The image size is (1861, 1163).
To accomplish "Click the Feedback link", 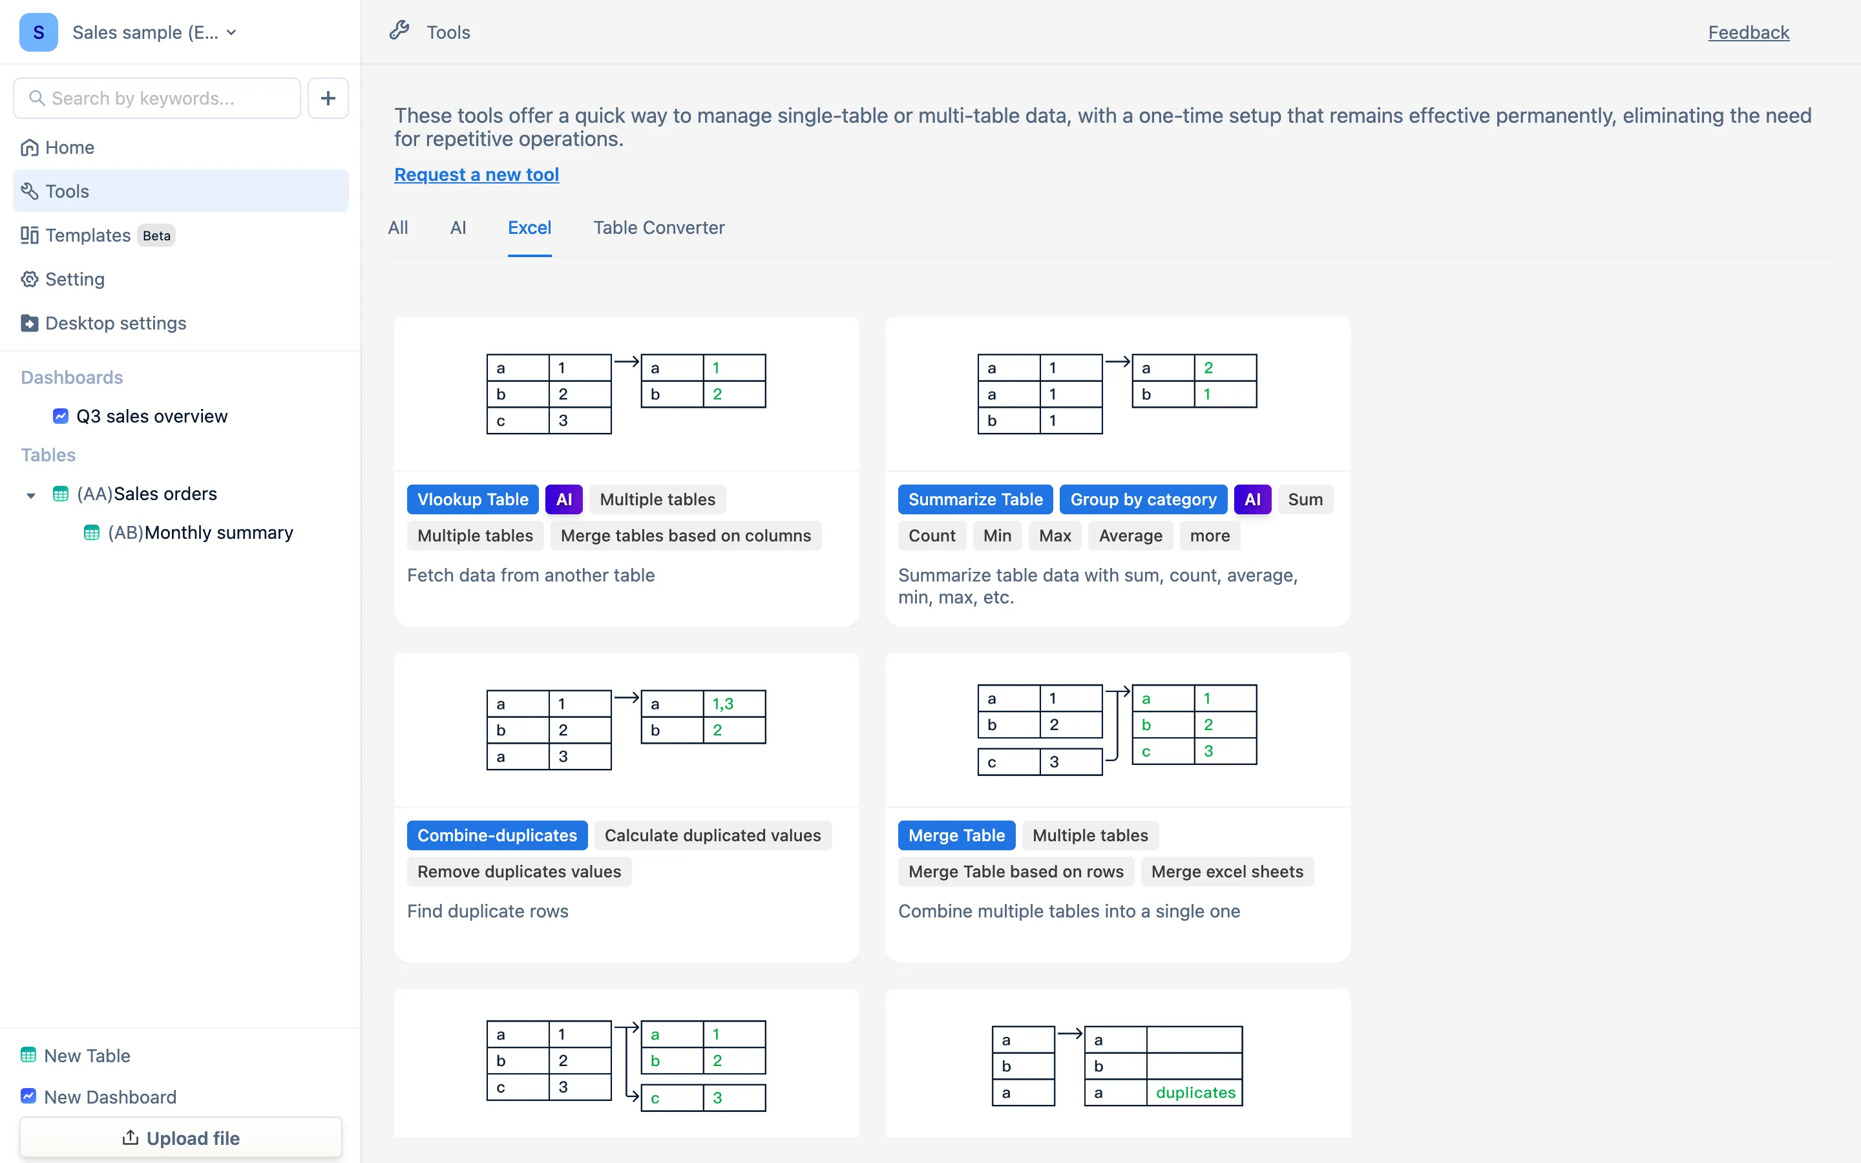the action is click(1748, 32).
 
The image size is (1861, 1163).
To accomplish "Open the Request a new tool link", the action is click(477, 174).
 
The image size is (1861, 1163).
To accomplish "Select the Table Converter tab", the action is click(659, 227).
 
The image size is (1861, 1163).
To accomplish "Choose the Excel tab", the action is click(529, 227).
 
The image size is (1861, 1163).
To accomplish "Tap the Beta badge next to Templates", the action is click(156, 235).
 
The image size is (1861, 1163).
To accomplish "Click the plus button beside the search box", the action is click(328, 98).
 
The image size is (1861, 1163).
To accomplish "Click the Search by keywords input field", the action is click(157, 98).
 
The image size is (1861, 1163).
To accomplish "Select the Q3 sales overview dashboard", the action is click(151, 416).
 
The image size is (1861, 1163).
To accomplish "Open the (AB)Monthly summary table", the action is click(200, 532).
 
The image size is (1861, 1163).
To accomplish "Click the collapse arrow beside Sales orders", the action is click(31, 496).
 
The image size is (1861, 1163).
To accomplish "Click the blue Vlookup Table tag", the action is click(473, 499).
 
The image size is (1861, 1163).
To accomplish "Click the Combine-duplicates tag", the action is click(497, 835).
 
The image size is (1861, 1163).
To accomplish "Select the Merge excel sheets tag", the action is click(1227, 872).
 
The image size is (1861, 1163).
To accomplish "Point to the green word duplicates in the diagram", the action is click(1195, 1092).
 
